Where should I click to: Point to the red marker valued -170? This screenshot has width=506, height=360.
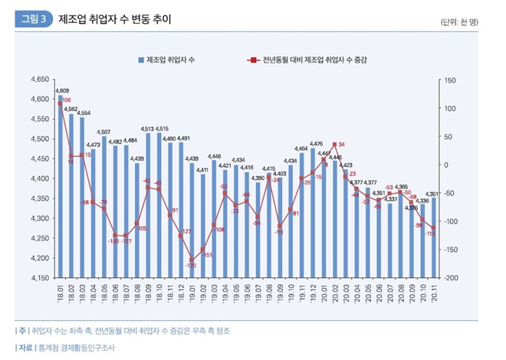point(192,260)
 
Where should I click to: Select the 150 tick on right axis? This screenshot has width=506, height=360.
point(451,79)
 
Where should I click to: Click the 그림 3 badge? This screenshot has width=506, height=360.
point(34,19)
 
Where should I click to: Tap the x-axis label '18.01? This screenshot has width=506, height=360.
point(61,291)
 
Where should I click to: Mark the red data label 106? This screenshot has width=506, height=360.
point(67,100)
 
